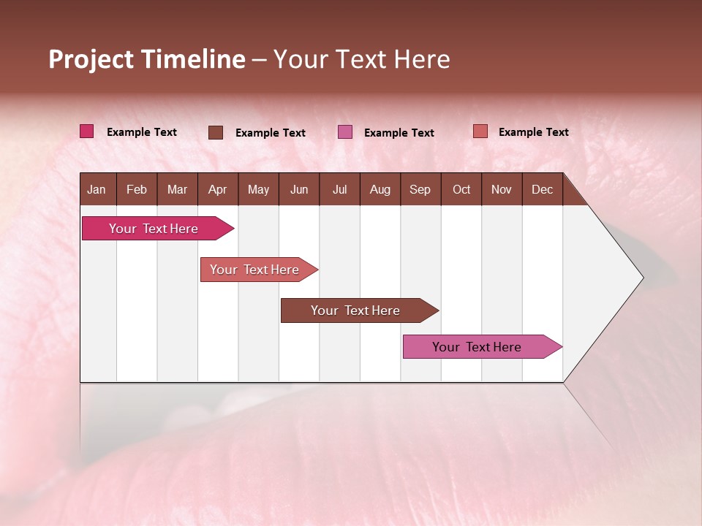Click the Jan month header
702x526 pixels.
click(97, 189)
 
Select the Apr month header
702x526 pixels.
click(218, 189)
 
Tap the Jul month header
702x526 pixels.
click(339, 189)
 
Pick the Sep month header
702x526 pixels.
click(420, 189)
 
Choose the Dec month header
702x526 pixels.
click(543, 189)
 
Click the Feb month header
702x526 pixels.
click(137, 189)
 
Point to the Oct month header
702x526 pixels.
click(461, 189)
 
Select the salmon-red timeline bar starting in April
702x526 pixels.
click(256, 270)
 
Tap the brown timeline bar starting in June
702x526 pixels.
click(357, 310)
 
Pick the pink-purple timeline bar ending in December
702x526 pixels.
click(479, 347)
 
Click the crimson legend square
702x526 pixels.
click(87, 131)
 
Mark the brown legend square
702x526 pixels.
click(216, 132)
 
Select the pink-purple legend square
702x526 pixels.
click(345, 132)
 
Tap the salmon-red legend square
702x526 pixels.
click(480, 131)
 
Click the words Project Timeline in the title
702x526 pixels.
click(147, 59)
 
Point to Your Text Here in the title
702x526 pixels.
click(362, 59)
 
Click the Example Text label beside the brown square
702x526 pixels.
click(271, 133)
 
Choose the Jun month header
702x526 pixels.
click(299, 189)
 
